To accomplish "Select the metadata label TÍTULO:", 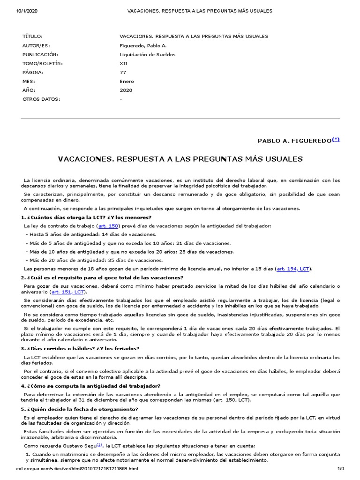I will (x=32, y=37).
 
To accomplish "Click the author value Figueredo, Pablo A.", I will (x=143, y=45).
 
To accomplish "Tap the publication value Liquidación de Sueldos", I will (x=148, y=54).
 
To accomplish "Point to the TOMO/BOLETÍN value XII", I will (x=124, y=63).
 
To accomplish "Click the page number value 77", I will (x=123, y=73).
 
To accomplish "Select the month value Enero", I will (x=127, y=82).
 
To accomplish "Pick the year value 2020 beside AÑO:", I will (x=126, y=90).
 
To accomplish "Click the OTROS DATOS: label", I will (x=42, y=99).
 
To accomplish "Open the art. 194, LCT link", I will (x=293, y=269).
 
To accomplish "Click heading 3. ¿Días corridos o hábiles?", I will (x=80, y=348).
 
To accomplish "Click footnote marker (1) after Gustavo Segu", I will (x=99, y=445).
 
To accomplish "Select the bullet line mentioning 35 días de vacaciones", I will (x=94, y=260).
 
